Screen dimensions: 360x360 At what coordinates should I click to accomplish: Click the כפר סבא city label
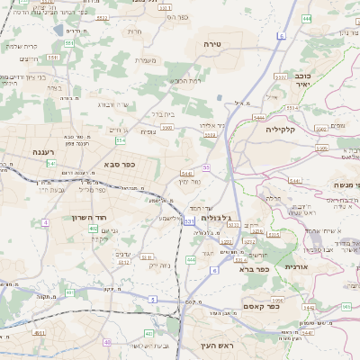click(118, 166)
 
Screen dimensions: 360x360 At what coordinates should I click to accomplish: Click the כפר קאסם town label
click(260, 306)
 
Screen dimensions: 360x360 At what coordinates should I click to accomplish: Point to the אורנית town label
click(296, 267)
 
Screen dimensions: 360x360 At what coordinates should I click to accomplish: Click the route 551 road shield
click(80, 44)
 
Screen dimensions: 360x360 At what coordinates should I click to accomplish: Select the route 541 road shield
click(51, 164)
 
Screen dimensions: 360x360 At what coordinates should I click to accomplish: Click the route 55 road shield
click(206, 167)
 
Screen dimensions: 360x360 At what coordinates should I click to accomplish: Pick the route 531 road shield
click(189, 220)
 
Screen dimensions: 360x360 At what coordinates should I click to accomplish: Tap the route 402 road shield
click(94, 229)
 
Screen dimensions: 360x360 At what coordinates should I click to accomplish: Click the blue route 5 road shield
click(153, 299)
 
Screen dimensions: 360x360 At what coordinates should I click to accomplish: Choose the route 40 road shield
click(108, 342)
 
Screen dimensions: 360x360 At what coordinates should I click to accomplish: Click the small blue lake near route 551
click(59, 30)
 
